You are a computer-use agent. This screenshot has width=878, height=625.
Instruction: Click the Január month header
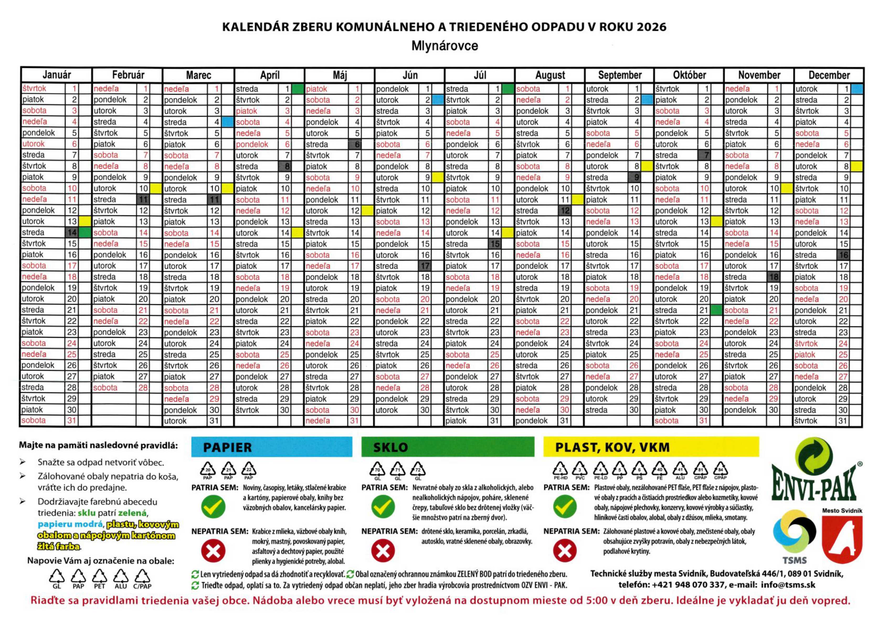57,75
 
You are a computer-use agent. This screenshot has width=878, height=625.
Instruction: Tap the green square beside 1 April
297,89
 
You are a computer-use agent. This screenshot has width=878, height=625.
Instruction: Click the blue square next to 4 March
227,122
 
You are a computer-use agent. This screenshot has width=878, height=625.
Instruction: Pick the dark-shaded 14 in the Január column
72,232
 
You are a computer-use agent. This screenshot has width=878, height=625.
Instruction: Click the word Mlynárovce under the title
445,46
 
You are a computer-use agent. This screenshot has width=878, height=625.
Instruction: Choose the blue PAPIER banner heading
272,447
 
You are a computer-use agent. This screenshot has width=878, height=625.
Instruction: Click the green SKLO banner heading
447,447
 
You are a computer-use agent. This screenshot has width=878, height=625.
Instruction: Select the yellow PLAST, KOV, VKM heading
651,447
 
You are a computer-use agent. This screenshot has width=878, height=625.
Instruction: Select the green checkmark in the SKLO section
383,506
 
